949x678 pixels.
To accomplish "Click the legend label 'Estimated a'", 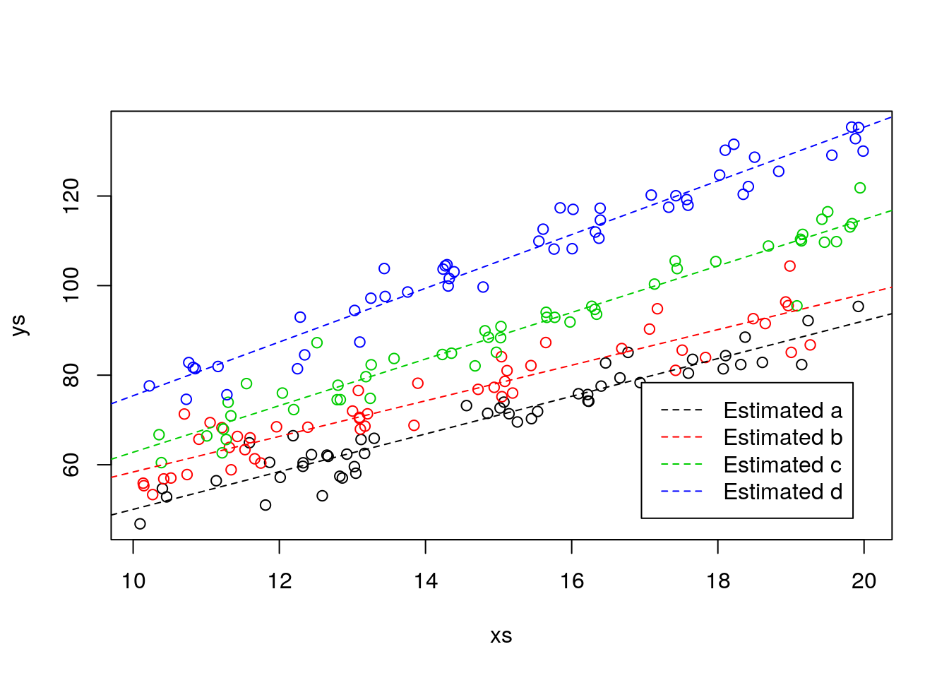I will pos(782,410).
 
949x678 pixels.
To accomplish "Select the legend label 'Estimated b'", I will pos(782,438).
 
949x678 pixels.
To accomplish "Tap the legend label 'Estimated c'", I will pos(782,465).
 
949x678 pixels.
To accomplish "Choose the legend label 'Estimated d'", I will pos(782,492).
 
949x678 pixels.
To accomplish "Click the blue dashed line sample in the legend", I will pos(681,492).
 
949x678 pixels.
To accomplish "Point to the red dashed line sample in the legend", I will pos(681,438).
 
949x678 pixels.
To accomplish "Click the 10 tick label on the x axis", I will pos(133,581).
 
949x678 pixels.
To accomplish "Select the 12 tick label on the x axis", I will pos(280,581).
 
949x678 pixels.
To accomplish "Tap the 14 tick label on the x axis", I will pos(426,581).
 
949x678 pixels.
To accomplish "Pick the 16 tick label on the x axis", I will pos(572,581).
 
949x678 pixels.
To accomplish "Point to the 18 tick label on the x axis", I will pos(718,581).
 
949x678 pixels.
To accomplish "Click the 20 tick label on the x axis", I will pos(864,581).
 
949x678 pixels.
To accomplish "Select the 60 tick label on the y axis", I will pos(71,465).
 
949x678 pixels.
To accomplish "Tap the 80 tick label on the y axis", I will pos(71,375).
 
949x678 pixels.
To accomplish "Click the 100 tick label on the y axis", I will pos(71,285).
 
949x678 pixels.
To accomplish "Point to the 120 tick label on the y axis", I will pos(71,196).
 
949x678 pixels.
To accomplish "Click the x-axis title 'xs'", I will pos(501,636).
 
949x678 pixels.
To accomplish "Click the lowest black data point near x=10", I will pos(140,524).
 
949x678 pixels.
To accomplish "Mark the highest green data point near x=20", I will pos(860,188).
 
